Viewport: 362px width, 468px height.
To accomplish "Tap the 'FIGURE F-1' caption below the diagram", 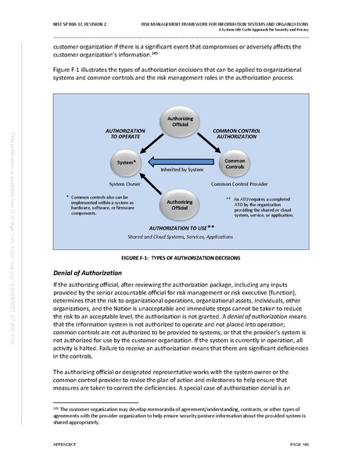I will [181, 257].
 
